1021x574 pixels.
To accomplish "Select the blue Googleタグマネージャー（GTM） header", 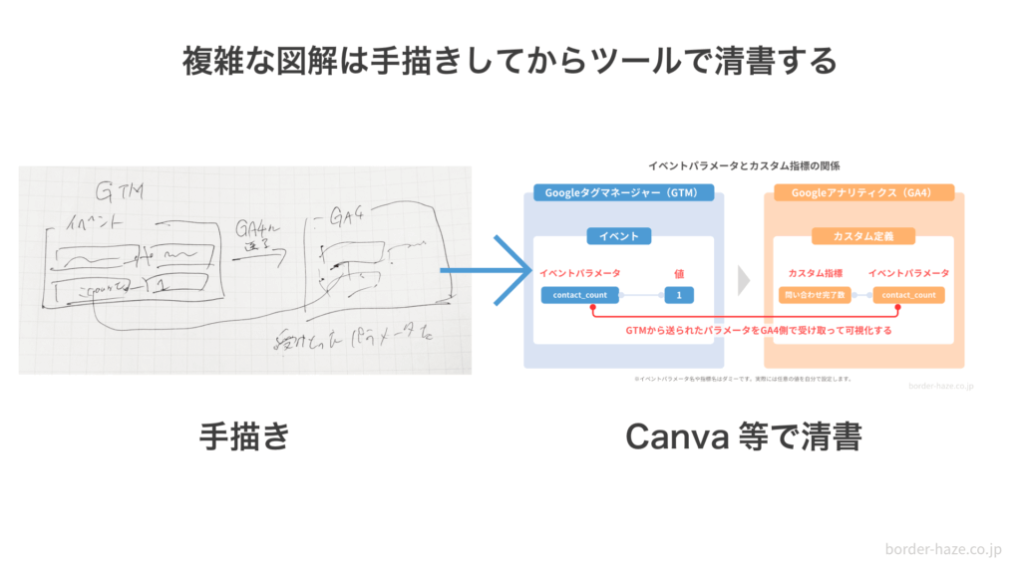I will click(x=623, y=192).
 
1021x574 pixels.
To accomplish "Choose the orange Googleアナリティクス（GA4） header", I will click(x=862, y=192).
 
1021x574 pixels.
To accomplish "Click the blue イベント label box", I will click(x=619, y=236).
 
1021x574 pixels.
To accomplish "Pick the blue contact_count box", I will click(x=580, y=295).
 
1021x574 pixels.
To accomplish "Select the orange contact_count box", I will click(x=908, y=295).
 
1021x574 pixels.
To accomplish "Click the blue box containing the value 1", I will click(x=679, y=295).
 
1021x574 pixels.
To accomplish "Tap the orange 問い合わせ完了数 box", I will click(x=816, y=295).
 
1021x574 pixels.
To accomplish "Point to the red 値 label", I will click(x=679, y=272).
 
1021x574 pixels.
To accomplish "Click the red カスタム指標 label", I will click(x=816, y=272).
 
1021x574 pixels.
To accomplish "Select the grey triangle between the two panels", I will click(x=743, y=280).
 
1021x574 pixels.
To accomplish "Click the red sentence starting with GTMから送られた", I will click(x=743, y=330).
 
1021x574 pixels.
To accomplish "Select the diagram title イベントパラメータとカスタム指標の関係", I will click(x=743, y=165).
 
